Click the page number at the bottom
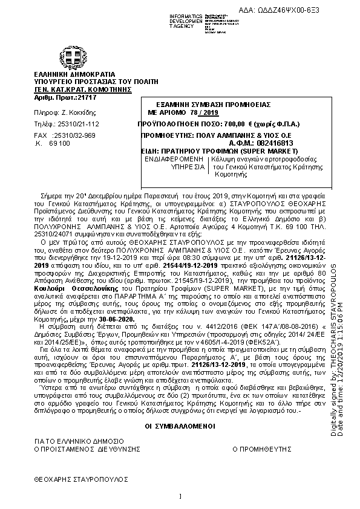coord(180,497)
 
